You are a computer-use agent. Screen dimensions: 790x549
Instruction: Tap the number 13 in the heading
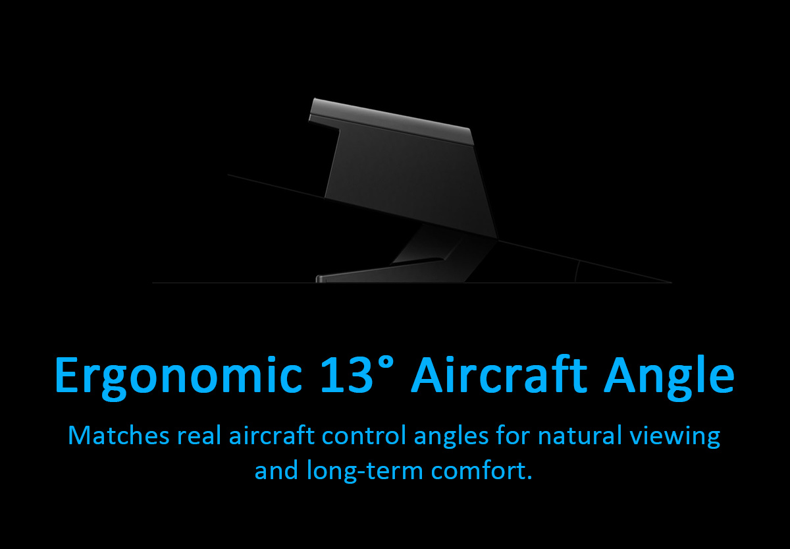(x=347, y=374)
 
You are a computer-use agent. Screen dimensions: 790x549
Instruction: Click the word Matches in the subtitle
(x=118, y=436)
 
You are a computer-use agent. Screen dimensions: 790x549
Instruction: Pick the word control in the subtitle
(x=363, y=436)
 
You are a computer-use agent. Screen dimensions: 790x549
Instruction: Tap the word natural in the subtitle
(x=580, y=436)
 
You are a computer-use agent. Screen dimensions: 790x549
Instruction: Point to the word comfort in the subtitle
(x=477, y=471)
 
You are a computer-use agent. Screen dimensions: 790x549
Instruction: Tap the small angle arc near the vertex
(x=577, y=271)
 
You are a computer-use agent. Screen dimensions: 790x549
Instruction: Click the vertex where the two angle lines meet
(x=671, y=283)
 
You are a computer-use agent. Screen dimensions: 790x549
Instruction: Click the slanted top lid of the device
(x=392, y=121)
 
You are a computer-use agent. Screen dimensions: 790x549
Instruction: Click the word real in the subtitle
(x=199, y=436)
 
